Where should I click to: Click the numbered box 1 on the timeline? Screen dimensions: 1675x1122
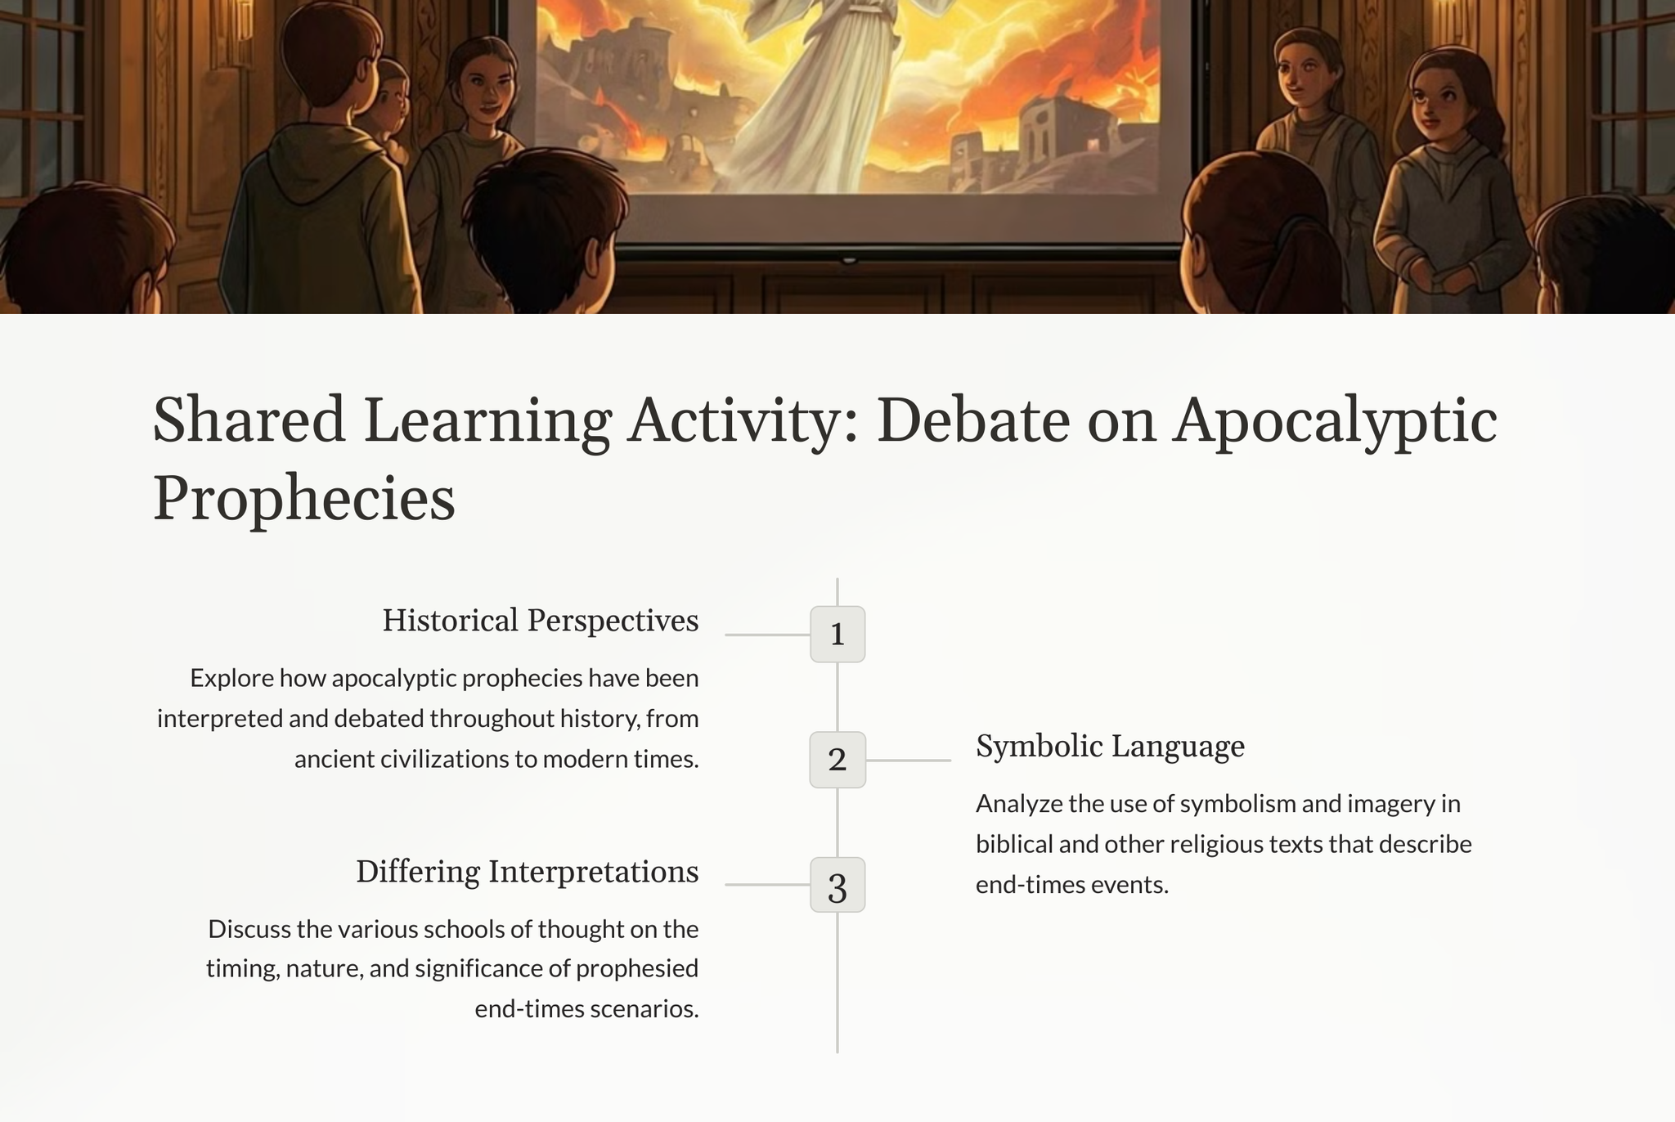coord(837,634)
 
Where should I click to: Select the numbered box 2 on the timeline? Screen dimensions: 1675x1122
coord(837,760)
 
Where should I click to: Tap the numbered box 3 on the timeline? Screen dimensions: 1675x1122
coord(837,885)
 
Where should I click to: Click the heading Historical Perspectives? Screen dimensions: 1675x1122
coord(541,621)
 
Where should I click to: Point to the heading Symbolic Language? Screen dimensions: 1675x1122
coord(1110,747)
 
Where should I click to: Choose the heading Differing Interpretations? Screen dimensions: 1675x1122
coord(528,872)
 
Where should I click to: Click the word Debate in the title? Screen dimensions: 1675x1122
coord(973,420)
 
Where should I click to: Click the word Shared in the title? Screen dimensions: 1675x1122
coord(249,420)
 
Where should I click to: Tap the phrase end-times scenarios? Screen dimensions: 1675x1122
coord(586,1009)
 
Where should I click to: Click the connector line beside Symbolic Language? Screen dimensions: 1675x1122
coord(909,761)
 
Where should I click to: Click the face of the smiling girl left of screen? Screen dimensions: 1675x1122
coord(486,90)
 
